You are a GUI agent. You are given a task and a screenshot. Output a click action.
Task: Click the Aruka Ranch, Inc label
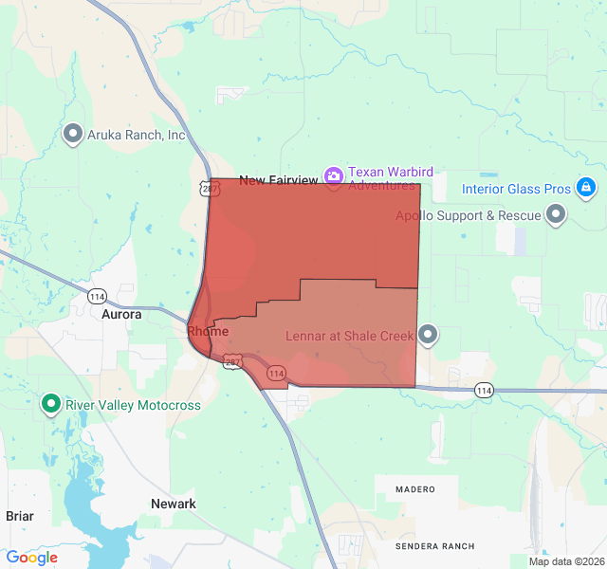click(137, 135)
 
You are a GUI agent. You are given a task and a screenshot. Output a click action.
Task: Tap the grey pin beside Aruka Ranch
click(72, 134)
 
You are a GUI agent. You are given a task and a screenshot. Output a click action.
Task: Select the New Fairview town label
click(278, 180)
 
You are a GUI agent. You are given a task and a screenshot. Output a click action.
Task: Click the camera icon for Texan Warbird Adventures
click(333, 175)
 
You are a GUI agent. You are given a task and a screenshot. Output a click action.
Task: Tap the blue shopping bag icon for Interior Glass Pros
click(586, 187)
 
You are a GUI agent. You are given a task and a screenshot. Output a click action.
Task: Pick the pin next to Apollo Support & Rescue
click(557, 215)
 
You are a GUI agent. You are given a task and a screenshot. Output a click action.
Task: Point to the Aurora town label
click(121, 314)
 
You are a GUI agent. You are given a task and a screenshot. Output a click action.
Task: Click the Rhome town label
click(208, 331)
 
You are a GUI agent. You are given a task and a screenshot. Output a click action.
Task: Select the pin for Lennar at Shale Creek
click(428, 334)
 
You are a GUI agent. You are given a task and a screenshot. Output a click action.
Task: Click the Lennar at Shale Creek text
click(350, 336)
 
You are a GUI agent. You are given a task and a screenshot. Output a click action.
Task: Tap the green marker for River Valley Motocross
click(51, 405)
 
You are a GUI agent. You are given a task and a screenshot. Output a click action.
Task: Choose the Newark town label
click(174, 504)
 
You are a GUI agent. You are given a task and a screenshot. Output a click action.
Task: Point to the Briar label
click(20, 516)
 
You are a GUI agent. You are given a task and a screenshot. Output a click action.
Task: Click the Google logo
click(31, 558)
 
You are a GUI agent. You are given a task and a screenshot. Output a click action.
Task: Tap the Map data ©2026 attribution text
click(565, 561)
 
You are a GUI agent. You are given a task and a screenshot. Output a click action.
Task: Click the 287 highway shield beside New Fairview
click(210, 189)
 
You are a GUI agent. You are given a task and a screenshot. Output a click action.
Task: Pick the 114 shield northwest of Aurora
click(97, 296)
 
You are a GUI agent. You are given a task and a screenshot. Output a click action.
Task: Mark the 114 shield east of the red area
click(484, 390)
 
